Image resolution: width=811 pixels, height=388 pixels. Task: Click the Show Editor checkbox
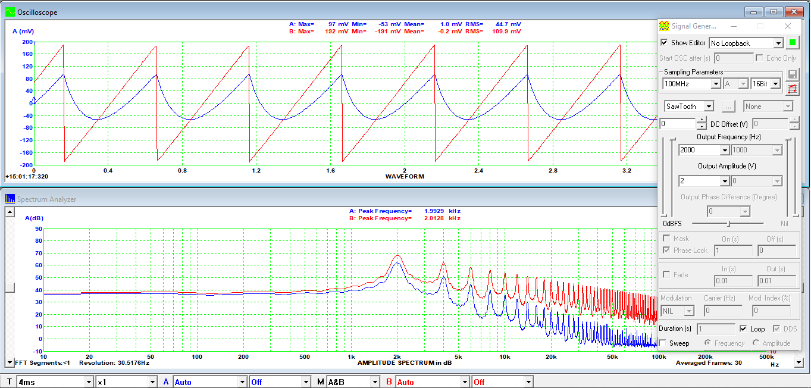click(664, 43)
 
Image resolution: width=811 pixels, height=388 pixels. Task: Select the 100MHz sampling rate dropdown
click(691, 84)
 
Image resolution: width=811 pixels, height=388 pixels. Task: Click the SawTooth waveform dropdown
click(690, 107)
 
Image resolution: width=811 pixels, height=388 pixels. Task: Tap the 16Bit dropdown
click(765, 84)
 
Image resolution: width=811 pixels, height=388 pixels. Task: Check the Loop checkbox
click(743, 328)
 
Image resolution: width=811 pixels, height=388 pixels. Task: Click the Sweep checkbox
click(663, 343)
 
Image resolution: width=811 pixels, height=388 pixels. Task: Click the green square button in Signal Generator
click(792, 42)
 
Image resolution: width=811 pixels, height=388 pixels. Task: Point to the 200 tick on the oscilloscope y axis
click(27, 42)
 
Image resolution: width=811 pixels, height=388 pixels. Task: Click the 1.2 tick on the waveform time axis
click(256, 171)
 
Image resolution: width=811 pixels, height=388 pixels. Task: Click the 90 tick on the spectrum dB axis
click(38, 229)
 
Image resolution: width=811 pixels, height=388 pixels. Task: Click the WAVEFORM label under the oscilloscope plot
click(404, 177)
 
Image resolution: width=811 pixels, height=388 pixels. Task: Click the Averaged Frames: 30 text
click(709, 363)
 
